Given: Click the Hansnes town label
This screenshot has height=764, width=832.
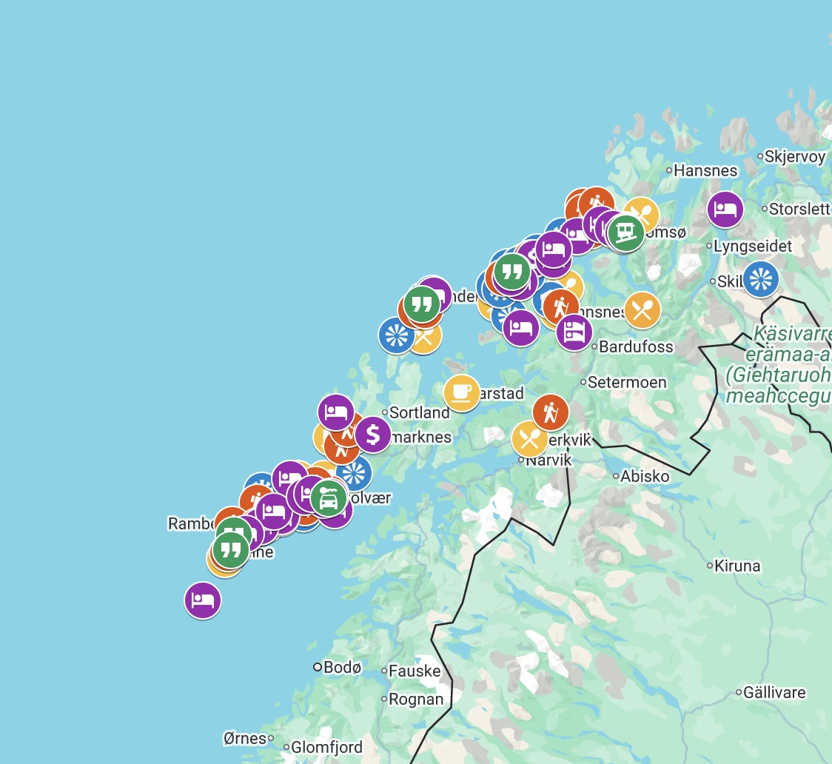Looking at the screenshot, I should (x=705, y=170).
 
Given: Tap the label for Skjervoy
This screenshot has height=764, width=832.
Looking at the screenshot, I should (x=795, y=156).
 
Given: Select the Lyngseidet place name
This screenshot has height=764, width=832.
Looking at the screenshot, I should (x=753, y=246).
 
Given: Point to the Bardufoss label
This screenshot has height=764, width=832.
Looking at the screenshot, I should (x=636, y=346).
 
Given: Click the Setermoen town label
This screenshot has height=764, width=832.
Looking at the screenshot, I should (x=627, y=383).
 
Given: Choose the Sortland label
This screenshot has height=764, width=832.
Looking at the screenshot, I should (x=419, y=412).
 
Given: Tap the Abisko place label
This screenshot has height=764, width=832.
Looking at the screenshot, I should (x=645, y=476).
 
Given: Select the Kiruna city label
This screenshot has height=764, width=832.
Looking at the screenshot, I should (x=737, y=566).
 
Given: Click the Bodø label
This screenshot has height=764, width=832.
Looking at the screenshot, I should (x=342, y=667).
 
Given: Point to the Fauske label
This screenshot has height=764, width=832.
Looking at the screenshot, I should (x=415, y=671).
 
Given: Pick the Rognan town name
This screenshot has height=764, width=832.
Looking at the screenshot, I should (x=416, y=699).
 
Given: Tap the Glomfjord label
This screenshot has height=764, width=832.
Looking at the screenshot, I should (x=326, y=747).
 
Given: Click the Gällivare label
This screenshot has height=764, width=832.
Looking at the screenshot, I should (x=774, y=693).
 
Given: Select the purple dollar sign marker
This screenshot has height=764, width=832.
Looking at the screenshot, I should (x=372, y=435).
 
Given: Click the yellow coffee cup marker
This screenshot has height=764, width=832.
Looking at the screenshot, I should (x=461, y=392).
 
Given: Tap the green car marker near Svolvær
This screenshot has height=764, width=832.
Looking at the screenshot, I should (x=328, y=497).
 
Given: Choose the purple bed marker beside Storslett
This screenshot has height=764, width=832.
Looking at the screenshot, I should (x=725, y=210).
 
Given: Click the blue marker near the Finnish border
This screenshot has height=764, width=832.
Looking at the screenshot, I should (x=760, y=279).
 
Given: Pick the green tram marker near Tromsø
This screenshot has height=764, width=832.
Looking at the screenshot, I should (x=626, y=232).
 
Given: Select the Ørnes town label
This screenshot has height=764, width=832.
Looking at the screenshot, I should (x=244, y=738).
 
